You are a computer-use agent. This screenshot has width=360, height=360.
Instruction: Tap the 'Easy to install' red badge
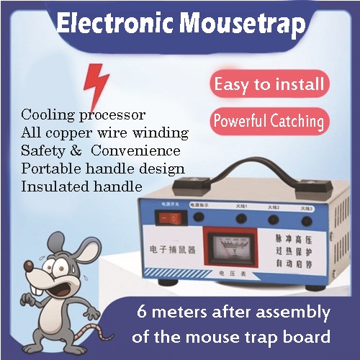pos(269,84)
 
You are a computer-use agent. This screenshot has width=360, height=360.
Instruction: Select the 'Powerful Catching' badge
pos(269,120)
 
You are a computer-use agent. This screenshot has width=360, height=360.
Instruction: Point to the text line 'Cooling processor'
pos(84,115)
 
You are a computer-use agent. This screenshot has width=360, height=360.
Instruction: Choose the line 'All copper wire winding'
pos(104,133)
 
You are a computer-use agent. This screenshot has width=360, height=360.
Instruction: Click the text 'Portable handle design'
pos(103,169)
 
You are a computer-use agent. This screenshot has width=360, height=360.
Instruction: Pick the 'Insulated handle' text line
pos(81,186)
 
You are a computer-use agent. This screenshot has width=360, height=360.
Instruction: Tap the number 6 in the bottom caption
pos(141,314)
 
